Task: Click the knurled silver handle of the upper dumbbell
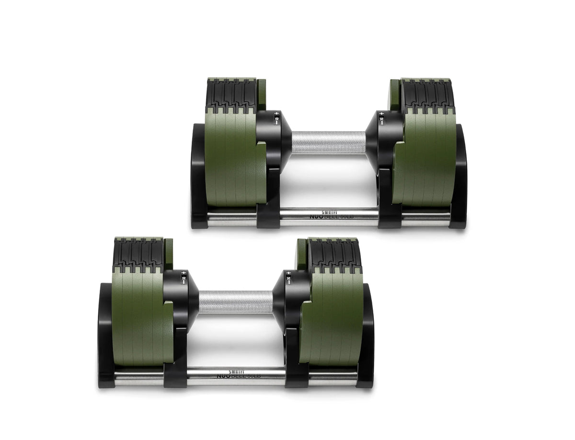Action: (328, 142)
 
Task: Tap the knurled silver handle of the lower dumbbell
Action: (235, 301)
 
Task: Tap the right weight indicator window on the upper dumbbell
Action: (381, 118)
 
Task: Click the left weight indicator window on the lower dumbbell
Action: (183, 278)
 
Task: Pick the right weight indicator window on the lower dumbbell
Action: (288, 278)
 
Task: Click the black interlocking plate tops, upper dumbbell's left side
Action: (230, 93)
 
